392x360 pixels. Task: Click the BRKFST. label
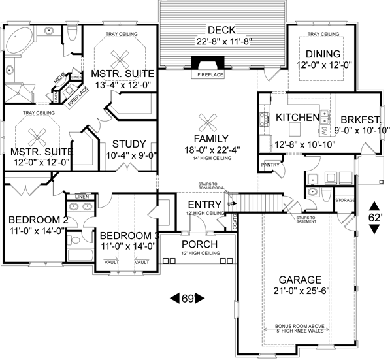(356, 120)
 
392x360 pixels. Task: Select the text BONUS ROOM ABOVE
(298, 326)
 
